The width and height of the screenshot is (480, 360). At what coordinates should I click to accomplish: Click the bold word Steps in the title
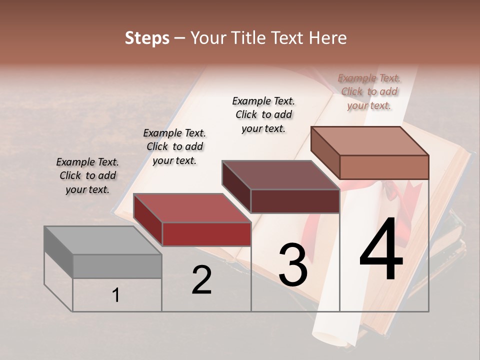[x=147, y=38]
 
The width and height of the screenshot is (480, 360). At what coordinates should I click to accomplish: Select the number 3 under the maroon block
[x=292, y=264]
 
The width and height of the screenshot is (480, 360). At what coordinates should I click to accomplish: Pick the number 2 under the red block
[x=201, y=280]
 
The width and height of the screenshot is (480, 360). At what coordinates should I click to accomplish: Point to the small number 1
[x=115, y=295]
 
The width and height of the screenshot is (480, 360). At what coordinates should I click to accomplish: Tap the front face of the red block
[x=206, y=234]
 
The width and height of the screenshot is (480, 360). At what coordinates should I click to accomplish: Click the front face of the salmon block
[x=384, y=167]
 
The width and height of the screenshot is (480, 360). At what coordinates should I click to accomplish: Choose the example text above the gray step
[x=87, y=176]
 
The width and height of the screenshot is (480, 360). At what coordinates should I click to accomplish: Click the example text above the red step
[x=174, y=146]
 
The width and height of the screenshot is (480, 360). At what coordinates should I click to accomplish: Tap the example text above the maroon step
[x=263, y=114]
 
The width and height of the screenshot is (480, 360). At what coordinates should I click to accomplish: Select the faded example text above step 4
[x=369, y=91]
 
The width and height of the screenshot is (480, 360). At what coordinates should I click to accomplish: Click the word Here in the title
[x=328, y=38]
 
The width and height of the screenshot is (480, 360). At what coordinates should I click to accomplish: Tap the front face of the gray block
[x=117, y=266]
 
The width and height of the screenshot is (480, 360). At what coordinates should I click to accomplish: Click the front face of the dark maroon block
[x=295, y=201]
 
